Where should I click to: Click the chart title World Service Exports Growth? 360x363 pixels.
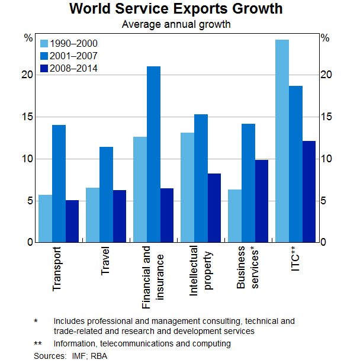[176, 9]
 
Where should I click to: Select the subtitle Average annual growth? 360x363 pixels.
[176, 25]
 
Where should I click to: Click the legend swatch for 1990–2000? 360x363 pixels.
[44, 44]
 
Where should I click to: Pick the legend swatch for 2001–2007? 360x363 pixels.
[44, 56]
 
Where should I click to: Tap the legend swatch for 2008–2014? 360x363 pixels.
[44, 69]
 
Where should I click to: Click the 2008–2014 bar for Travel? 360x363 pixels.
[120, 216]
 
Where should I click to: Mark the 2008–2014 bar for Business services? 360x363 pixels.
[262, 201]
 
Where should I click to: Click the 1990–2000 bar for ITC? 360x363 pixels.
[282, 141]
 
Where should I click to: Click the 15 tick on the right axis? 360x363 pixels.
[326, 117]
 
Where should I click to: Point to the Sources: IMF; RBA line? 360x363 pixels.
[71, 356]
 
